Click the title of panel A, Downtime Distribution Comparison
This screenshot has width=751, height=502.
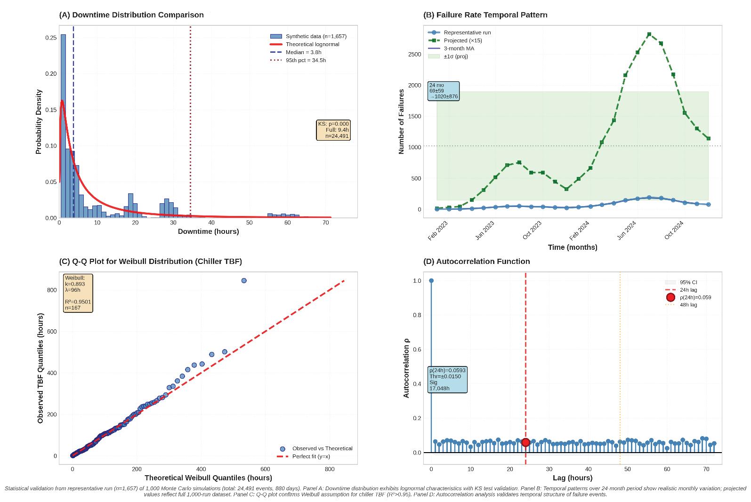pos(131,15)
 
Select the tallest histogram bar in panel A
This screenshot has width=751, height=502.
pos(63,126)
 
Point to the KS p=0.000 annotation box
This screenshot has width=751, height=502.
pos(333,130)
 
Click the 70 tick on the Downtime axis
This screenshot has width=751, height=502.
pos(326,223)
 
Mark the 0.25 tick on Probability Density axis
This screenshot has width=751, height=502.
pos(51,38)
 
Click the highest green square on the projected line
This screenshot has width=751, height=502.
pos(649,34)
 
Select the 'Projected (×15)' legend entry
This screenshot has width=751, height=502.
pos(462,40)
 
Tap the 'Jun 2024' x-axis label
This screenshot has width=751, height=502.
pos(627,231)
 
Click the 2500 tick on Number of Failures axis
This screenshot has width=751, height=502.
pos(414,55)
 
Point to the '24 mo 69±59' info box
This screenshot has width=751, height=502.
pos(443,91)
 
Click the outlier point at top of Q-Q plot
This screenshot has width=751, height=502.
pos(244,280)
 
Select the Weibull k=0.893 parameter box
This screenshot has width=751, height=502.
pos(78,293)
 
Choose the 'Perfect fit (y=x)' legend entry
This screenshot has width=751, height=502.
pos(311,456)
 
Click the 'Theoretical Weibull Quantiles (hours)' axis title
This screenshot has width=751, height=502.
pos(208,478)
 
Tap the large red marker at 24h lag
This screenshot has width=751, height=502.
pos(525,442)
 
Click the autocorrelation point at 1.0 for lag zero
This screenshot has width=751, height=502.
pos(431,280)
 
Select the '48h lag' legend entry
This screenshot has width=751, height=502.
pos(688,305)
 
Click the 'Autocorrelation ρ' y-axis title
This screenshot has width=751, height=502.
pos(406,368)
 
